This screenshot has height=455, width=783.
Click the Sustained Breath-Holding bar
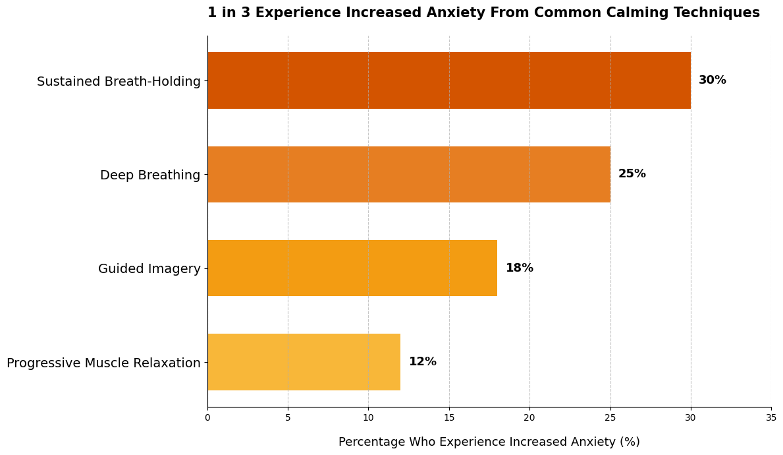point(449,80)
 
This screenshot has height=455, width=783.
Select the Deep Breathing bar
point(409,174)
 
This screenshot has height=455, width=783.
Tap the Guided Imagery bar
point(352,268)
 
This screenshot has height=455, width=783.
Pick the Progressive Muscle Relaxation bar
point(304,362)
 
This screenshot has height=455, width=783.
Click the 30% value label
point(712,80)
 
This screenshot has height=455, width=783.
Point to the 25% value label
point(632,174)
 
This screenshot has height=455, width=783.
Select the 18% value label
point(519,268)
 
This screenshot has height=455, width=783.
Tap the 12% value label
point(422,362)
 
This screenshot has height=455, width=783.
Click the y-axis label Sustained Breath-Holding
point(119,82)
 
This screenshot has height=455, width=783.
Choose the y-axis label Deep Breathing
point(150,175)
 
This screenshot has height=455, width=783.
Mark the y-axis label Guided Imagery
point(149,269)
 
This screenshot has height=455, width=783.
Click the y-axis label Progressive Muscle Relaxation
point(103,363)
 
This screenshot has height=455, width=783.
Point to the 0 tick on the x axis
point(207,417)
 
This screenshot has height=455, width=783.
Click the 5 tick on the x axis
point(288,417)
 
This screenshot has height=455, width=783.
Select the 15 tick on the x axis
point(449,417)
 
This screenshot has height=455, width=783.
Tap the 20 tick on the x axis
point(529,417)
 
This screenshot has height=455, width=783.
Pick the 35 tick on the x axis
point(771,417)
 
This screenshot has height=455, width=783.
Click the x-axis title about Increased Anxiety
point(489,442)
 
